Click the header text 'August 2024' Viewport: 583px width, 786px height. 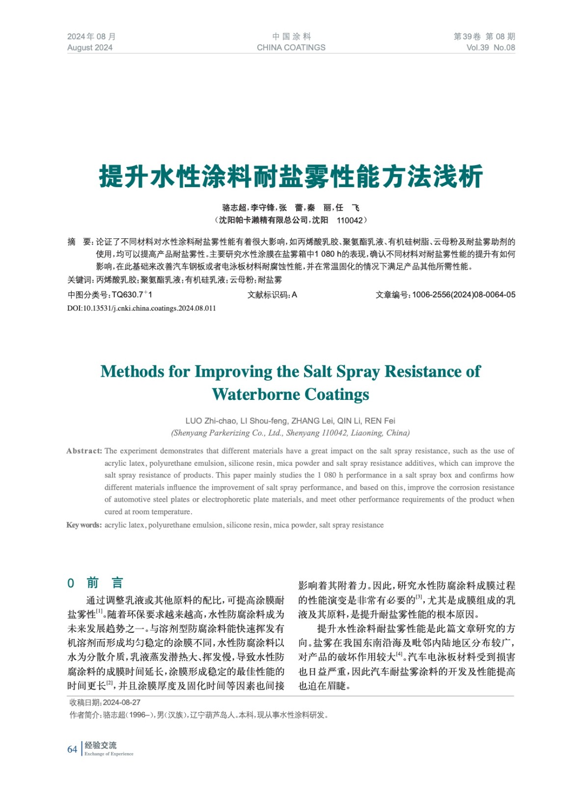tap(90, 48)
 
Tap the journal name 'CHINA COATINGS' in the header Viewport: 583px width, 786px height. tap(291, 48)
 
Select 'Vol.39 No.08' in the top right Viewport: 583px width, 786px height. tap(490, 48)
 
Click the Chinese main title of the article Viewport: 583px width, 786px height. tap(291, 177)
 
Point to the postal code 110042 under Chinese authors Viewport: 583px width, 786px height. tap(350, 220)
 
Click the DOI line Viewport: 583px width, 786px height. tap(141, 308)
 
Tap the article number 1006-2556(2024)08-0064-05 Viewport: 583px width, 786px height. tap(464, 295)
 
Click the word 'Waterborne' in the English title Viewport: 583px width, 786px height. tap(256, 394)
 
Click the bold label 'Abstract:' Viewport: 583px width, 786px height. tap(84, 451)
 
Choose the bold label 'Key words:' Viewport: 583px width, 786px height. tap(84, 525)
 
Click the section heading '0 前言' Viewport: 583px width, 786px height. tap(95, 583)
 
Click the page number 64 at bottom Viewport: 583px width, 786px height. tap(72, 749)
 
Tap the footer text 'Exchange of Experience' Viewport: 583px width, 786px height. tap(109, 754)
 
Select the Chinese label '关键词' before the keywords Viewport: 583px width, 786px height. tap(79, 280)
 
